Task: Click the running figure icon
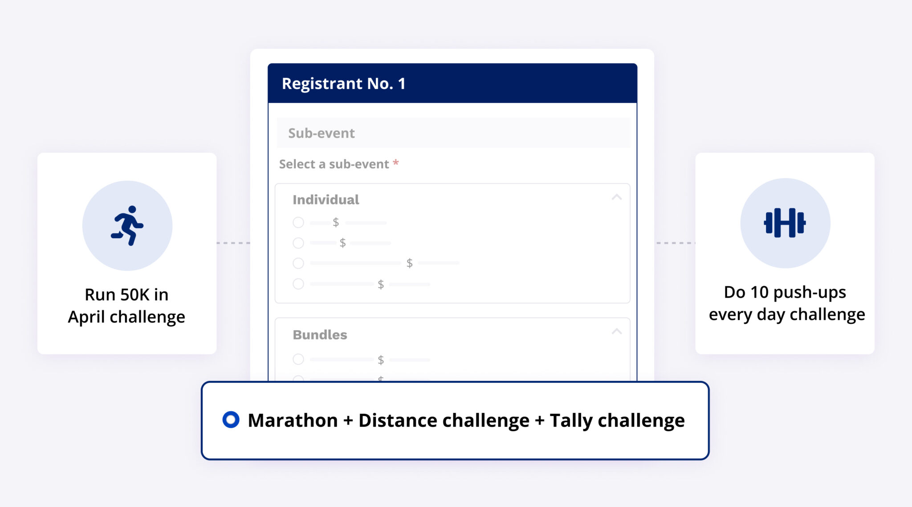pyautogui.click(x=127, y=225)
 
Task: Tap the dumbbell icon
pyautogui.click(x=785, y=223)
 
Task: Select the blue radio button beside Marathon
pyautogui.click(x=231, y=420)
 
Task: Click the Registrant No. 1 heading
pyautogui.click(x=343, y=83)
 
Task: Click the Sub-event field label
pyautogui.click(x=321, y=133)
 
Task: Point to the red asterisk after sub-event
pyautogui.click(x=395, y=163)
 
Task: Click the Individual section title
pyautogui.click(x=326, y=200)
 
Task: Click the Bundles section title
pyautogui.click(x=320, y=335)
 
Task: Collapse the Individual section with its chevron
pyautogui.click(x=617, y=197)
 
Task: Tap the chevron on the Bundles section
pyautogui.click(x=617, y=331)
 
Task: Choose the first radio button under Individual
pyautogui.click(x=298, y=222)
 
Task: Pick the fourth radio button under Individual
pyautogui.click(x=298, y=284)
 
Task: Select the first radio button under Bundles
pyautogui.click(x=298, y=359)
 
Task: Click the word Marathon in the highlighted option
pyautogui.click(x=293, y=420)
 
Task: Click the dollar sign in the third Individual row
pyautogui.click(x=409, y=263)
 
